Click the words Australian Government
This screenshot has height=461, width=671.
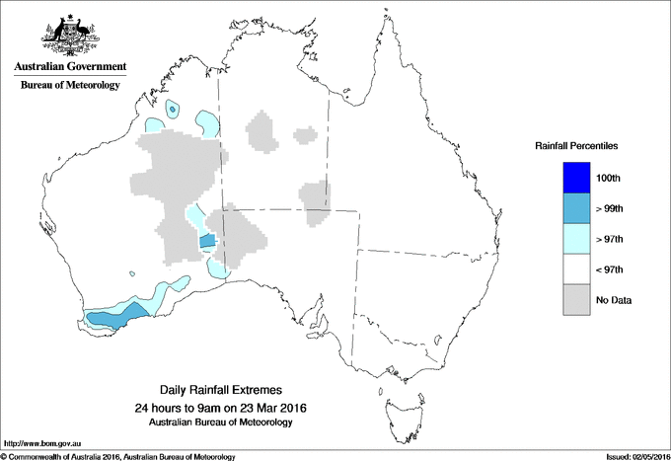70,67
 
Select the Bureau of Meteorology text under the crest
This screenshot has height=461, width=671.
70,86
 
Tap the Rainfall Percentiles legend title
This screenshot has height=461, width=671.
576,145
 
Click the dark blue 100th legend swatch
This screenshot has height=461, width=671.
577,178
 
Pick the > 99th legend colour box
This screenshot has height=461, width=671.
577,208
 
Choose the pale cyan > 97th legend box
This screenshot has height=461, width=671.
577,239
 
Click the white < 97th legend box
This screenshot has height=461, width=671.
577,269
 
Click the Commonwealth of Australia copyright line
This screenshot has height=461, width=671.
118,456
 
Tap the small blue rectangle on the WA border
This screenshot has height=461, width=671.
207,241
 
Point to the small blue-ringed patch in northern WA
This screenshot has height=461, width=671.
174,109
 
